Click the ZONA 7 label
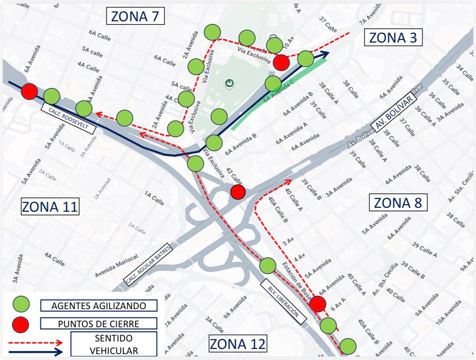pyautogui.click(x=135, y=17)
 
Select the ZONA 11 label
pyautogui.click(x=50, y=207)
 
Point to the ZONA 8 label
pyautogui.click(x=398, y=203)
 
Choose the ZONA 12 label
pyautogui.click(x=238, y=343)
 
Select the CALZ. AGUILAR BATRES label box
pyautogui.click(x=148, y=264)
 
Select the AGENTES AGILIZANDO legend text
pyautogui.click(x=99, y=306)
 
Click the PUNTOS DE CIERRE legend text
pyautogui.click(x=99, y=324)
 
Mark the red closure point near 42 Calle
pyautogui.click(x=238, y=192)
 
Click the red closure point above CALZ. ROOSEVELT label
pyautogui.click(x=29, y=91)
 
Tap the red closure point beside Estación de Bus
pyautogui.click(x=318, y=304)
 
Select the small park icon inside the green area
pyautogui.click(x=228, y=82)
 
